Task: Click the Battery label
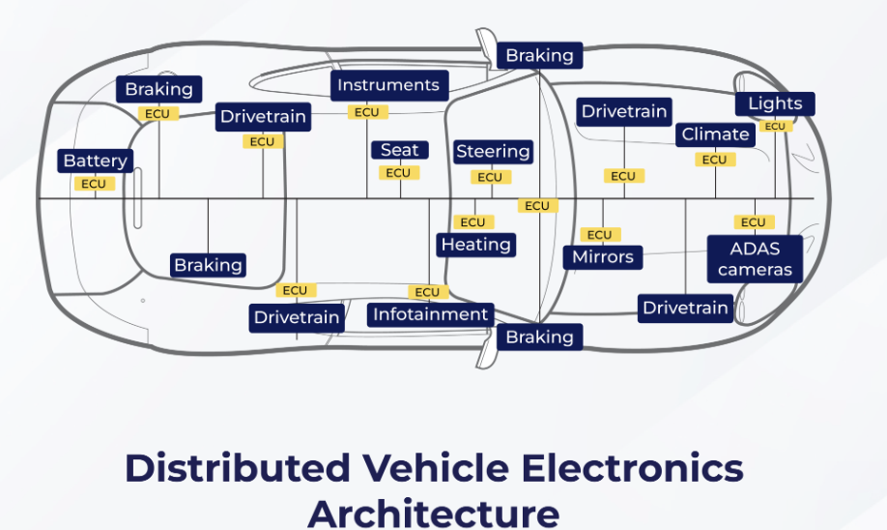96,161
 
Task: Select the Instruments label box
388,85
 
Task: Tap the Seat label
399,150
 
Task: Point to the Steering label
493,152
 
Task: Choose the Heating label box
475,245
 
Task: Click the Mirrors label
603,257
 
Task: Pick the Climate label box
715,134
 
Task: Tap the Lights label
775,103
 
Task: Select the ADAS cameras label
755,258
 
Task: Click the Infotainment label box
431,314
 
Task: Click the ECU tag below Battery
94,184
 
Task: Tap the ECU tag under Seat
398,173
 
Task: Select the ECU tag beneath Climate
714,160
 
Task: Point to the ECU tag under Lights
775,127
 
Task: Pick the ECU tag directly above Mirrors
599,235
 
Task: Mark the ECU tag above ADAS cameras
754,222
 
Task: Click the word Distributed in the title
238,468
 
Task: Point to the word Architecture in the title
433,512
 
